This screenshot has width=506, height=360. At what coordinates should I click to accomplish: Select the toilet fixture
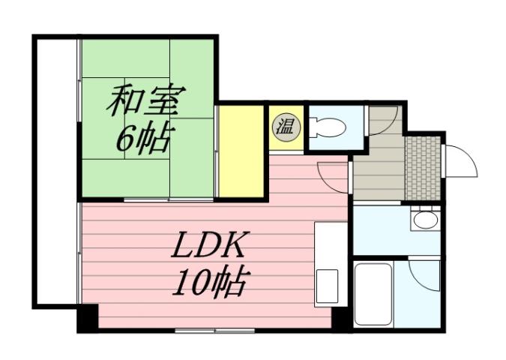tap(328, 128)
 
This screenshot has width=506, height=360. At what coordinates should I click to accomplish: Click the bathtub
tap(373, 293)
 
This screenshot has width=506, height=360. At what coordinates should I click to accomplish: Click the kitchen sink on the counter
tap(328, 283)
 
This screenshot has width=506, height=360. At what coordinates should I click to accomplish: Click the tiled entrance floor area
tap(424, 169)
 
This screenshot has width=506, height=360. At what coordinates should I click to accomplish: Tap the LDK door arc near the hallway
tap(334, 174)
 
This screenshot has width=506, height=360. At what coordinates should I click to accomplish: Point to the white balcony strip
tap(57, 172)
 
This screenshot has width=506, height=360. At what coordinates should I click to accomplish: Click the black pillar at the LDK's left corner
tap(88, 318)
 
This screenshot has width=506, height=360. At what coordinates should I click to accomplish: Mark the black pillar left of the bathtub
tap(341, 317)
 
